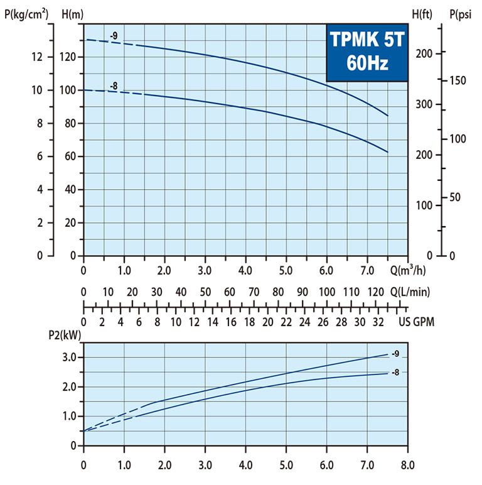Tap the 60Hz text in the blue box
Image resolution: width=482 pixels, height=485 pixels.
367,64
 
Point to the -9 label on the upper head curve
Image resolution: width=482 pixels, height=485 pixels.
114,36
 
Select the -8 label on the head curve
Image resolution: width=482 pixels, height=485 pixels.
114,85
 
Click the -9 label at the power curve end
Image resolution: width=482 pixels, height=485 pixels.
395,354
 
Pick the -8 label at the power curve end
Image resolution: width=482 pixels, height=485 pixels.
395,373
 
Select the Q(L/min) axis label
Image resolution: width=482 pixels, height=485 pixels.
411,292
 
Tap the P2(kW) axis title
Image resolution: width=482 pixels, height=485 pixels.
65,336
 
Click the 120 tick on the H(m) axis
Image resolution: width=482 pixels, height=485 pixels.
67,57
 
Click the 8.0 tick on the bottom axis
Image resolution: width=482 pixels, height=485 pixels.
407,467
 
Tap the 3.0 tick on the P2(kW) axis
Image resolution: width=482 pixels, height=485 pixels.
68,357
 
